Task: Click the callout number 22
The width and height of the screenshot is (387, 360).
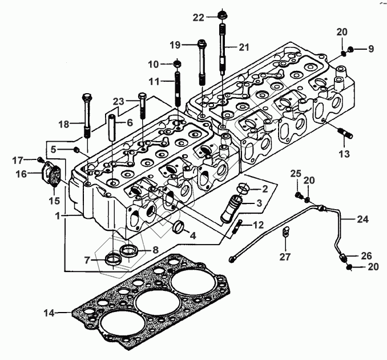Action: coord(198,17)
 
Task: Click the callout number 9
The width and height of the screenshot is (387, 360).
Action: coord(370,49)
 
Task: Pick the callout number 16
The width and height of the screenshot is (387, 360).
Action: coord(21,173)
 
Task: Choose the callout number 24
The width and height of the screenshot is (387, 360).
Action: coord(364,218)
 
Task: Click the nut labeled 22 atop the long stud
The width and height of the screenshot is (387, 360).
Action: coord(220,14)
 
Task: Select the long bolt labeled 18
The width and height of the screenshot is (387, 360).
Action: coord(87,114)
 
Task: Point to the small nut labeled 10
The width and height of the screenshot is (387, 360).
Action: coord(177,62)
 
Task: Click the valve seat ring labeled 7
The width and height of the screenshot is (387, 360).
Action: coord(114,259)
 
